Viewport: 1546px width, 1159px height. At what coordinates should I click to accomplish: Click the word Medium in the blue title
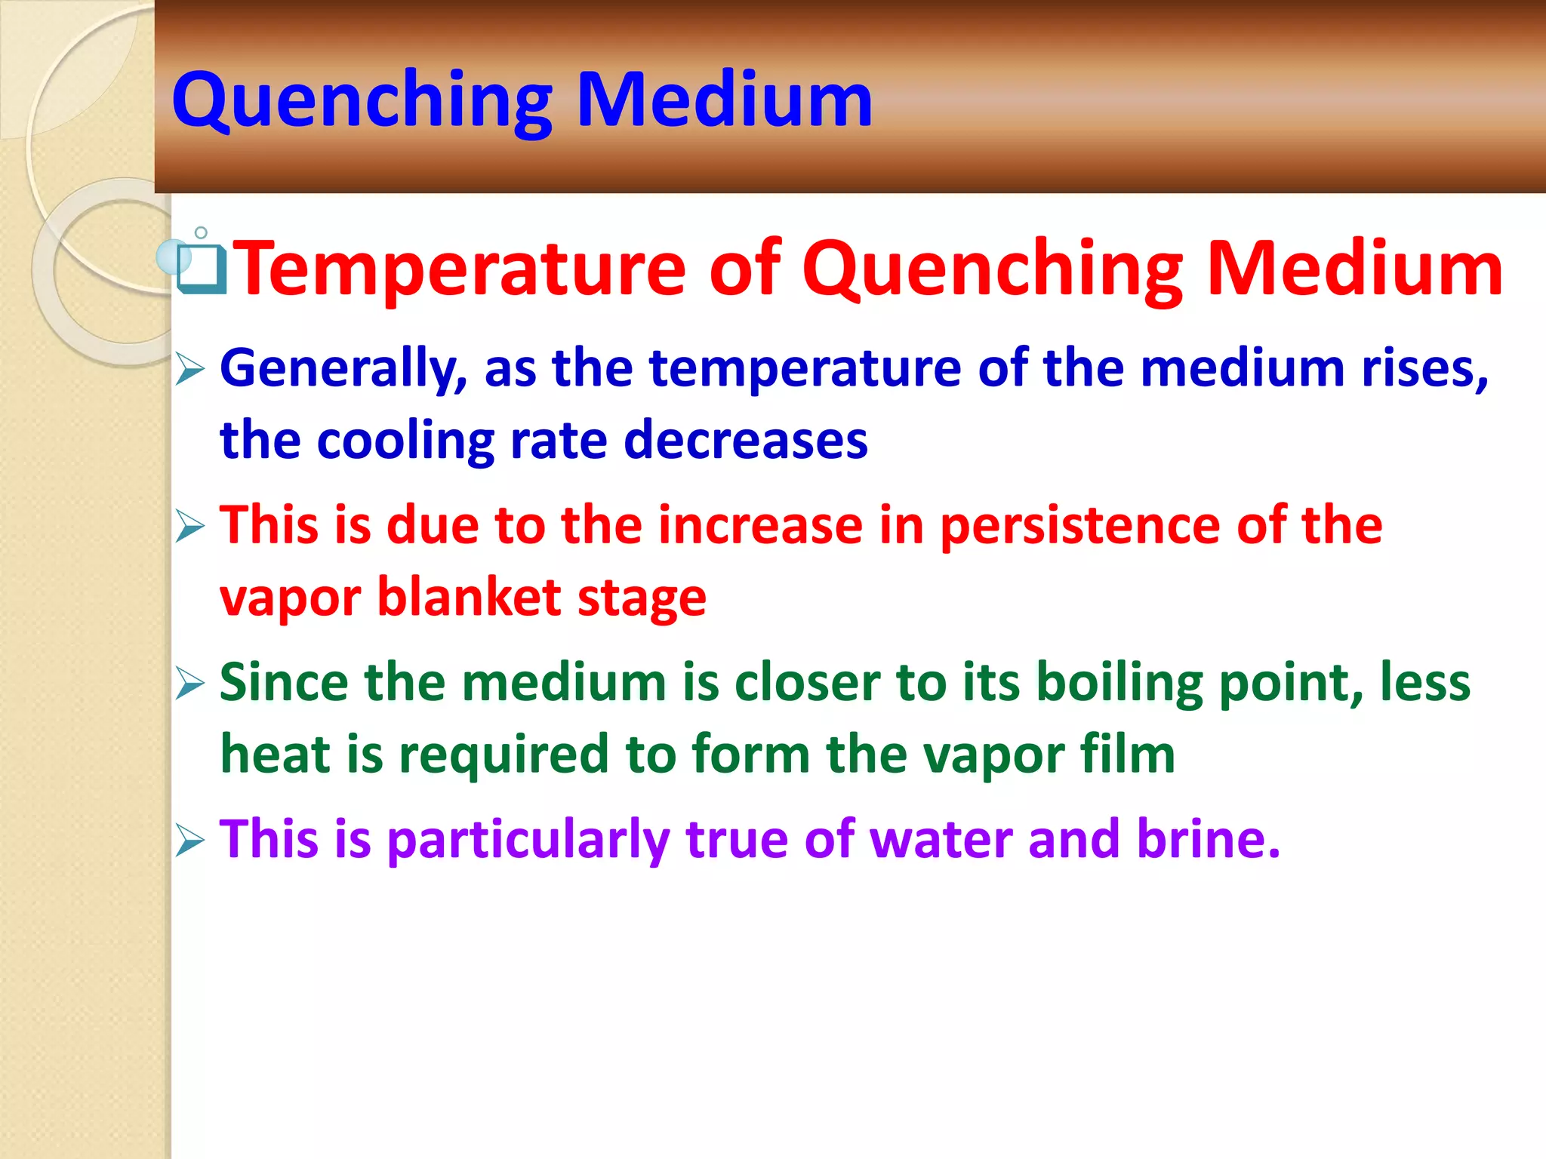click(x=725, y=100)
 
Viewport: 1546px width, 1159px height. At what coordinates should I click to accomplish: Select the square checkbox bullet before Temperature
click(x=202, y=269)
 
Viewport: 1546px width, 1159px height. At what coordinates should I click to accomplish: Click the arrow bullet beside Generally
click(x=190, y=370)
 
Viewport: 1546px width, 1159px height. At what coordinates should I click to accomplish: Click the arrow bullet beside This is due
click(x=190, y=526)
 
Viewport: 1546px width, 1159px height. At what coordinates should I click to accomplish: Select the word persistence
click(x=1079, y=527)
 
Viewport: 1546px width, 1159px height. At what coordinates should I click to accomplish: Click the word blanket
click(x=469, y=598)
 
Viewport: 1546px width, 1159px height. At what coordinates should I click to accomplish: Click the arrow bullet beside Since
click(x=190, y=684)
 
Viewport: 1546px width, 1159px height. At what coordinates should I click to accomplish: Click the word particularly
click(x=528, y=841)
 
